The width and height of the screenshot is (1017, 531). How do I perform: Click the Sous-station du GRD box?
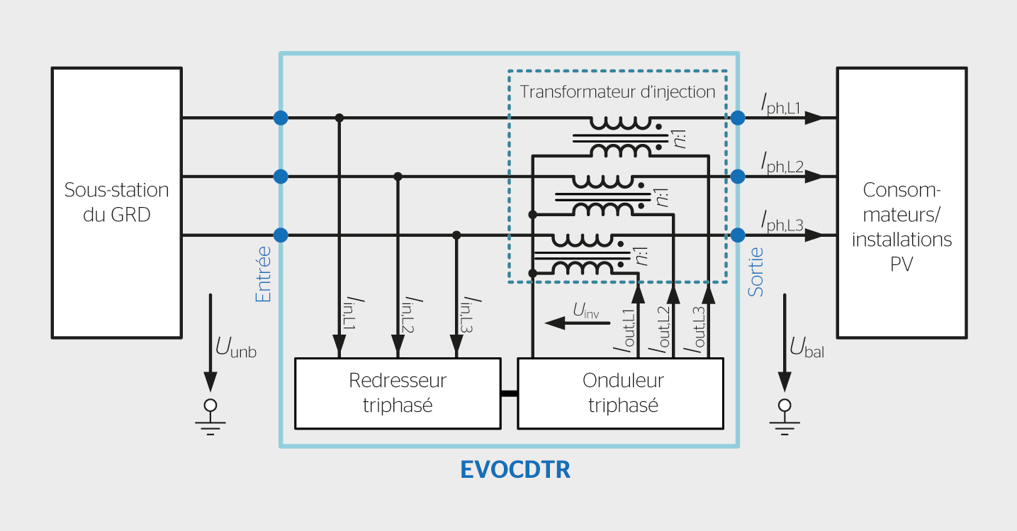[116, 203]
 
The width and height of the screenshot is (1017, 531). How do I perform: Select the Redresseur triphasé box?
[398, 393]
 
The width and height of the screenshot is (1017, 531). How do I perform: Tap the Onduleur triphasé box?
[621, 393]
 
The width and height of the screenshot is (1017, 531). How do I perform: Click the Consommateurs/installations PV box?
[901, 203]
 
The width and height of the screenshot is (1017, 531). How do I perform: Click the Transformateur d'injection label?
[617, 92]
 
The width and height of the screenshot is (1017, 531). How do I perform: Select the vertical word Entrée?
[263, 274]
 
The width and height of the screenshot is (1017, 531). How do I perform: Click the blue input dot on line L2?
[281, 177]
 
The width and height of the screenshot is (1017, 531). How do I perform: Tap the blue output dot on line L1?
[738, 118]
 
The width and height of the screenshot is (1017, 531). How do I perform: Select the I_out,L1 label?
[625, 330]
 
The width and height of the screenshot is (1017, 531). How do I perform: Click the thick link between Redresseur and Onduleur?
[509, 393]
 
